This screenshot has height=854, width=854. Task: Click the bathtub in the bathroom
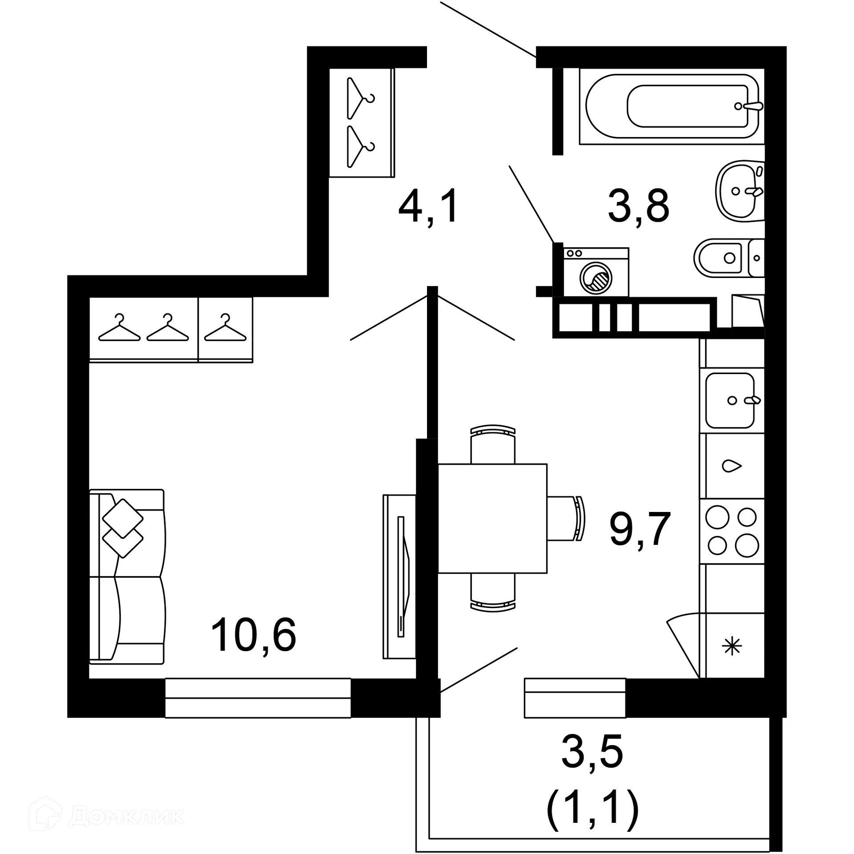[672, 107]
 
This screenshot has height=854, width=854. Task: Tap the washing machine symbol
[596, 273]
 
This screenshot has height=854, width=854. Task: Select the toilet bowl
[721, 258]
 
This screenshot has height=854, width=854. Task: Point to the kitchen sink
[730, 400]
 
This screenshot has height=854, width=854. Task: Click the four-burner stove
[732, 531]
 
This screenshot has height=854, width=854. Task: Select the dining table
[492, 518]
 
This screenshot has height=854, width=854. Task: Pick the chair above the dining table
[493, 444]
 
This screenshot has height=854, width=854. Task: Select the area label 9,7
[640, 529]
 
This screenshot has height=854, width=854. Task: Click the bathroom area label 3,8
[638, 206]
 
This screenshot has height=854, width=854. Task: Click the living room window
[258, 698]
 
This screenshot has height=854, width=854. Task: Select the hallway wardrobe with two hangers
[361, 123]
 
